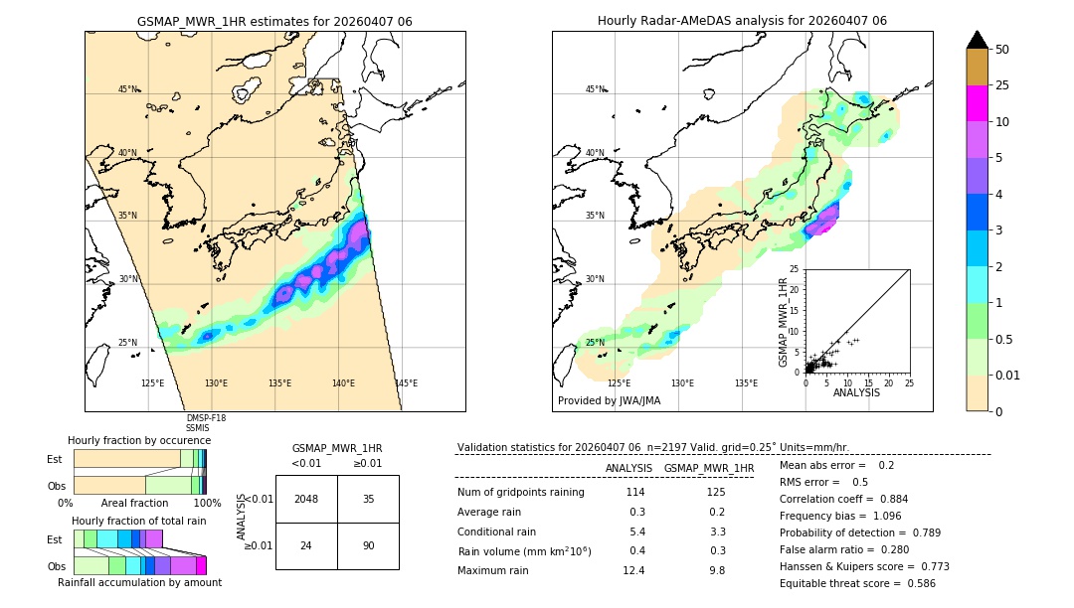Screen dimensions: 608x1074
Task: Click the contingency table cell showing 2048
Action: tap(306, 500)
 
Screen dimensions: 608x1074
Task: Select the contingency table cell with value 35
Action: tap(368, 500)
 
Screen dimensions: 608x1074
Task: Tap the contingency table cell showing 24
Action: tap(306, 545)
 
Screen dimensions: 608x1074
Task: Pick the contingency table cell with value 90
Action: tap(368, 545)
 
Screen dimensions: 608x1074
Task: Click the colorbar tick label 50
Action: tap(1002, 50)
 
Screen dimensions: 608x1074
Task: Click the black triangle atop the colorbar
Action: tap(978, 40)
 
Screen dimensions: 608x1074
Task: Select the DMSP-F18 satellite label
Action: tap(206, 418)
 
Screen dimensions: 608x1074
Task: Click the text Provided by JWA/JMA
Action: tap(609, 400)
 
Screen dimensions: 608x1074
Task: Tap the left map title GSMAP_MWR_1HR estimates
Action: tap(274, 21)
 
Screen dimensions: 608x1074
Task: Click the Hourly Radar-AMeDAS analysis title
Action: tap(742, 21)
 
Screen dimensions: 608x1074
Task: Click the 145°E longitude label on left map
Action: tap(406, 383)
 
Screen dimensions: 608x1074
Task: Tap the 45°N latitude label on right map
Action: tap(595, 89)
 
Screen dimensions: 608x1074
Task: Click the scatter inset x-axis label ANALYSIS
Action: tap(857, 392)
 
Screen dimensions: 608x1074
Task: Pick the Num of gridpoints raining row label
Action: tap(521, 493)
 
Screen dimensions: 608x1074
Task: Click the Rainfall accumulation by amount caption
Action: tap(141, 583)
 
